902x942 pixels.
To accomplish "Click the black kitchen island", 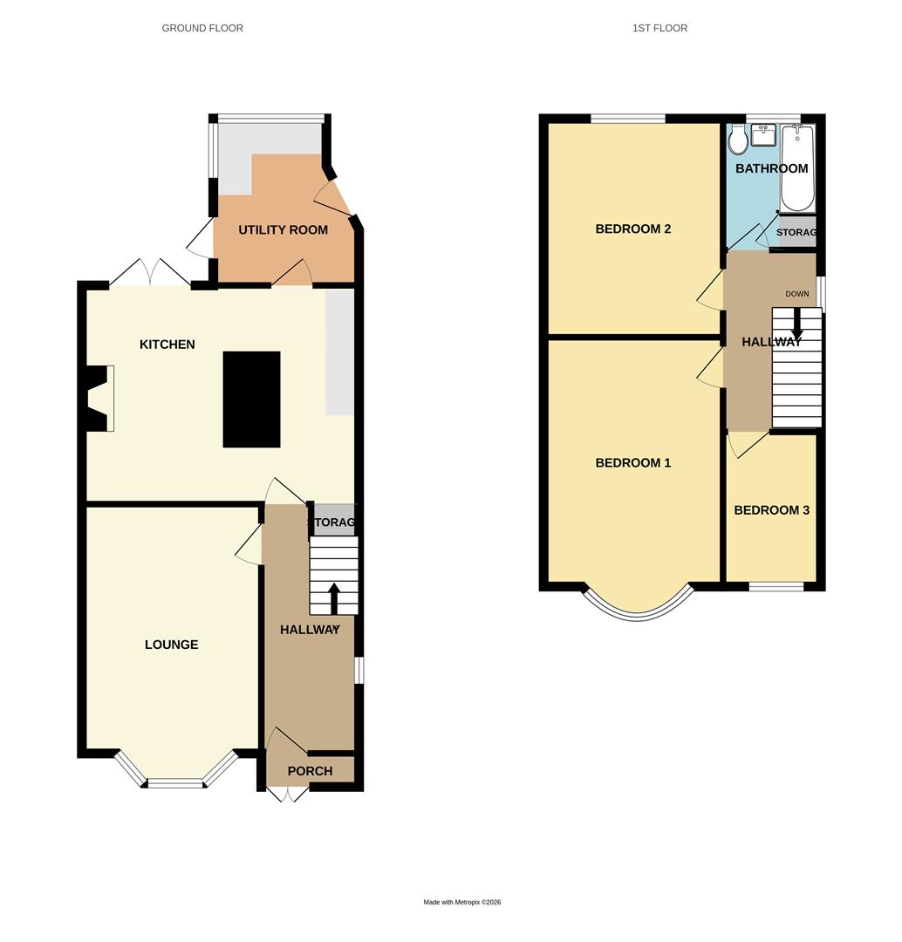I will [x=251, y=399].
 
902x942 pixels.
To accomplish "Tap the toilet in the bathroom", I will [x=737, y=140].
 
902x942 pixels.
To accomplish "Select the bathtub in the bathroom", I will [x=797, y=168].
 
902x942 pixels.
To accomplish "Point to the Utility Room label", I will [x=284, y=230].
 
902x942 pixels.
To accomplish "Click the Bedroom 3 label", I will [x=771, y=510].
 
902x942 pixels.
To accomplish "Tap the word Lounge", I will [x=172, y=645].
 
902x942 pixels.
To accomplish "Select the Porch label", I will [x=310, y=771].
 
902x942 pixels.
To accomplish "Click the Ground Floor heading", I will [x=202, y=28].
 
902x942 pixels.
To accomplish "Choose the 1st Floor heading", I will [x=659, y=28].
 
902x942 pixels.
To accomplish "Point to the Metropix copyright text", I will [x=462, y=902].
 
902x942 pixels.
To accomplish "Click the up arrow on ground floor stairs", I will [x=333, y=597].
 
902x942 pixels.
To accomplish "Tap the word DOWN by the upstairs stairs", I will [x=796, y=294].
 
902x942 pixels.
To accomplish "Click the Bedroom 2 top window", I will [x=628, y=119].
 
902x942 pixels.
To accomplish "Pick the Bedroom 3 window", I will [x=776, y=586].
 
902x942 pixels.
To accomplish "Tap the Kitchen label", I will [x=167, y=345].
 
